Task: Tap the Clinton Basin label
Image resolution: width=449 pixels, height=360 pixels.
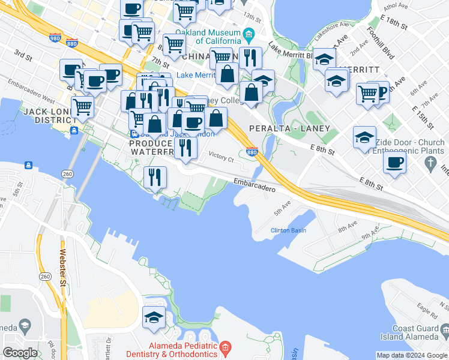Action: coord(289,230)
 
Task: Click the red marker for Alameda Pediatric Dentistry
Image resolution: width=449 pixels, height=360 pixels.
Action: coord(225,347)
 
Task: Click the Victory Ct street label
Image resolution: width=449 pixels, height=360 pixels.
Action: coord(221,158)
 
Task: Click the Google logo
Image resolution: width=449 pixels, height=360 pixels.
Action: coord(20,353)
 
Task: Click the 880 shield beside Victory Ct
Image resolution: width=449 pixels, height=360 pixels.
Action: coord(252,152)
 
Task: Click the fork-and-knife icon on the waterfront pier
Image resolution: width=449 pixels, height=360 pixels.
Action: coord(154,177)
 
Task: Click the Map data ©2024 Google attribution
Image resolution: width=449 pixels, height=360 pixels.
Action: coord(412,355)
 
